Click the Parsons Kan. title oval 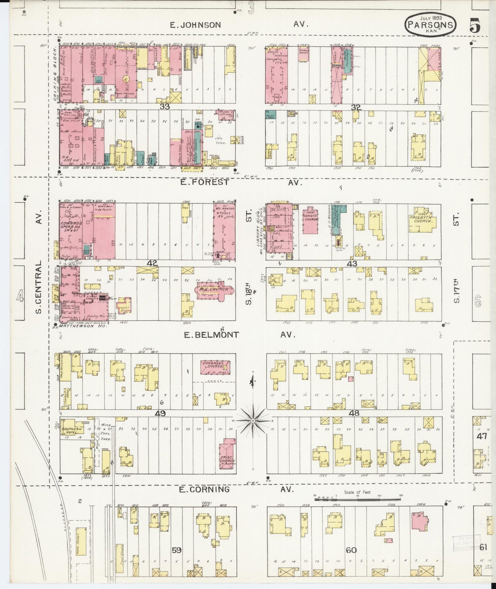pyautogui.click(x=431, y=24)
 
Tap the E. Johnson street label pyautogui.click(x=196, y=25)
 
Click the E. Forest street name pyautogui.click(x=205, y=182)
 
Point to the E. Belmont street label pyautogui.click(x=211, y=334)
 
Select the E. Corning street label pyautogui.click(x=204, y=489)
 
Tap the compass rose pyautogui.click(x=253, y=420)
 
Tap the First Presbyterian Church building pyautogui.click(x=421, y=220)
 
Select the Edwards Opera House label pyautogui.click(x=71, y=225)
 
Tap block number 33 pyautogui.click(x=165, y=107)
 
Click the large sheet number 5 pyautogui.click(x=475, y=26)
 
